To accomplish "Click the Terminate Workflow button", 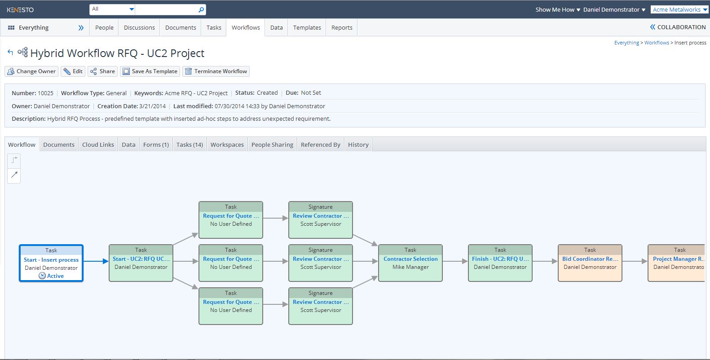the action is click(216, 71).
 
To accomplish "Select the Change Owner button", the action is click(31, 71).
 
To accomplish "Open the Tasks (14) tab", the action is click(190, 145).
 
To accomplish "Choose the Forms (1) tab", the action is click(156, 145).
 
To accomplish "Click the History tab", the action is click(358, 145).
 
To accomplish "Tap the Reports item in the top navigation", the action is click(342, 27).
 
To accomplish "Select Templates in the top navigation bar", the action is click(307, 27).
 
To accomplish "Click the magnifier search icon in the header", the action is click(201, 10).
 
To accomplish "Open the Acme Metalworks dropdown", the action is click(680, 9).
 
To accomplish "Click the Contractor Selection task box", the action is click(410, 263).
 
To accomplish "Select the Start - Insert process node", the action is click(51, 263).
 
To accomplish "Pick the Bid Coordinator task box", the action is click(590, 263).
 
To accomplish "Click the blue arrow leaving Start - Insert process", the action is click(96, 261).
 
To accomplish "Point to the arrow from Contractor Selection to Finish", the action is click(455, 261).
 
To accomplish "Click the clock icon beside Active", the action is click(42, 276).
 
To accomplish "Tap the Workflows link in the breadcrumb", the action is click(657, 43).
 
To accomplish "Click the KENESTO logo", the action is click(20, 10).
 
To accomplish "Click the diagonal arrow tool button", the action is click(14, 175).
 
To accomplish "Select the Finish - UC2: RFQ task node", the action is click(500, 263).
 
